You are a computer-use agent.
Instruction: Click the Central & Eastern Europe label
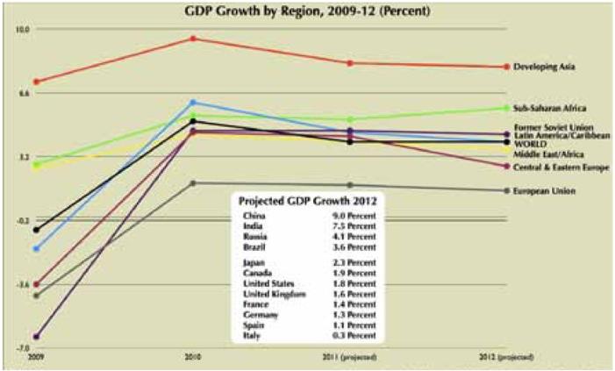pyautogui.click(x=558, y=167)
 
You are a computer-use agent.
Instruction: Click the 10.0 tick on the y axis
pyautogui.click(x=22, y=28)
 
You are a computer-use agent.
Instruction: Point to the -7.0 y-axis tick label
pyautogui.click(x=22, y=348)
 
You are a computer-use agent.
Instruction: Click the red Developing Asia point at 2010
pyautogui.click(x=193, y=39)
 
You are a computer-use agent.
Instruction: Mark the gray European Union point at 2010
pyautogui.click(x=193, y=183)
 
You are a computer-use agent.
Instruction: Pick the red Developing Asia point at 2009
pyautogui.click(x=36, y=82)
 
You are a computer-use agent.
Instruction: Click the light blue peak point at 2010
pyautogui.click(x=193, y=103)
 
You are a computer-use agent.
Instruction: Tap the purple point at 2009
pyautogui.click(x=36, y=337)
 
